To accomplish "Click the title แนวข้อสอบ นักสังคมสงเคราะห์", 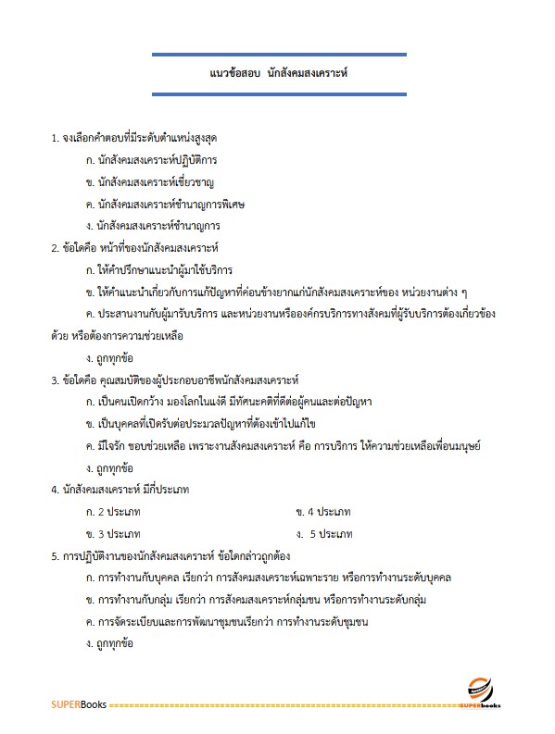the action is click(279, 72).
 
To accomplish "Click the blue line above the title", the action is click(279, 56).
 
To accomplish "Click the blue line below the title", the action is click(279, 92).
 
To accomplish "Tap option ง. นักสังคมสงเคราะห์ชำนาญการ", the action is click(152, 225).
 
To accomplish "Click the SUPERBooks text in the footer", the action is click(78, 705).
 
